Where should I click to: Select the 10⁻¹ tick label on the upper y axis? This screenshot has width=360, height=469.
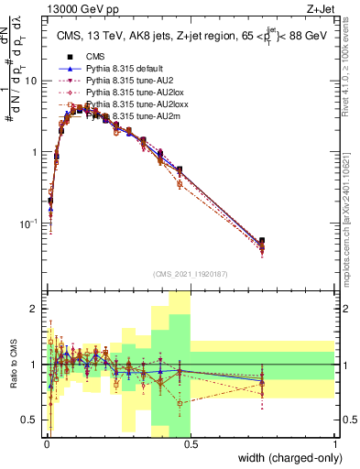click(x=28, y=224)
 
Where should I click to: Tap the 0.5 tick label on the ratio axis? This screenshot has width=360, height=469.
click(x=30, y=421)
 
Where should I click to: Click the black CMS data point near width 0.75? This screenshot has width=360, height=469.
click(x=262, y=241)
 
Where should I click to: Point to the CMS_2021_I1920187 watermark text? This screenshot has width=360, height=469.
click(x=190, y=273)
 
